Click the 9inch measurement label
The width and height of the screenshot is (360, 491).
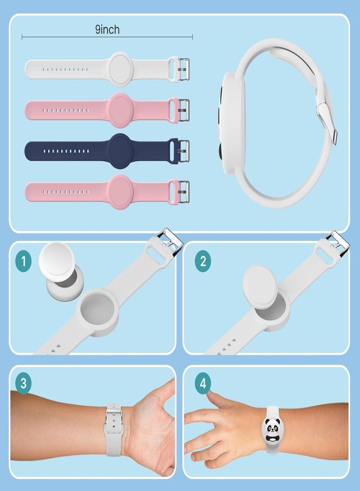point(107,29)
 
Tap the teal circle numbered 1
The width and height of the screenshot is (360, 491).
point(23,261)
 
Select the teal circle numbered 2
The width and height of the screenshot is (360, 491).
point(203,261)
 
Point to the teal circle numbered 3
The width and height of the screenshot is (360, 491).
point(23,383)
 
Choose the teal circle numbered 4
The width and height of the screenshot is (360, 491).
point(203,383)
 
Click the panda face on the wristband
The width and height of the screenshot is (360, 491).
point(272,429)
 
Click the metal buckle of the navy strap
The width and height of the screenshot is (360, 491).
point(184,151)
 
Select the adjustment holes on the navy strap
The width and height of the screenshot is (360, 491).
point(66,151)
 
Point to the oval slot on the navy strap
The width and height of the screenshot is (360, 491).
point(172,151)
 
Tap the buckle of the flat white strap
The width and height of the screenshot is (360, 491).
point(184,69)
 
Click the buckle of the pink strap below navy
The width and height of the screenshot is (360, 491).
point(184,192)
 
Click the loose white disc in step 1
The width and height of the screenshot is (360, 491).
point(57,260)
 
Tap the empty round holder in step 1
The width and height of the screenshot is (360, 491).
point(97,313)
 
